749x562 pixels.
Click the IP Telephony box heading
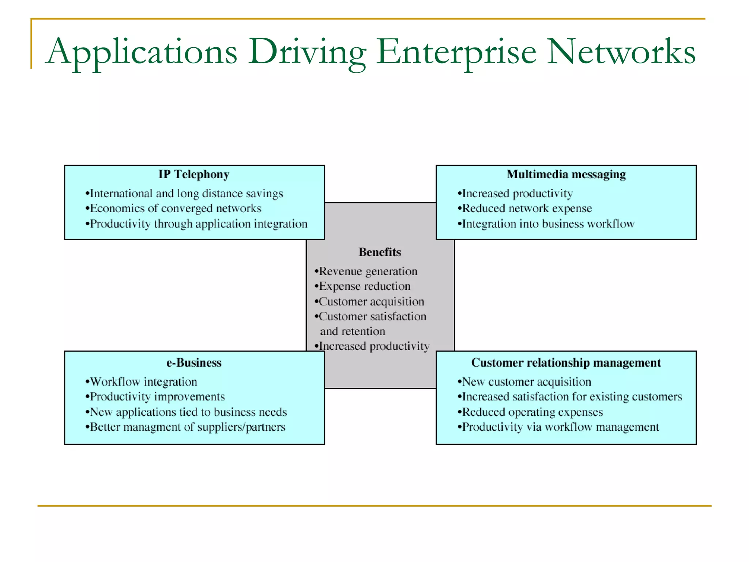(194, 175)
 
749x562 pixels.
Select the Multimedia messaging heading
(566, 175)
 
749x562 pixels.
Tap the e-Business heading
(194, 363)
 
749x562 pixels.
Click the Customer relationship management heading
(566, 363)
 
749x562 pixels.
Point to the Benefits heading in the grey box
(380, 252)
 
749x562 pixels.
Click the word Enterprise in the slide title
(456, 52)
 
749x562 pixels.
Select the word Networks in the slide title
(621, 52)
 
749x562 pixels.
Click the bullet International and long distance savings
(185, 194)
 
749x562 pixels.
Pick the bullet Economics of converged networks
(174, 209)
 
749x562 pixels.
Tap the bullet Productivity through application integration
(197, 224)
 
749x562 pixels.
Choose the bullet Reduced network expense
(525, 209)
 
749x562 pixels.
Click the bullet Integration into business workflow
(546, 224)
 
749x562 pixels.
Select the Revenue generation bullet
(366, 271)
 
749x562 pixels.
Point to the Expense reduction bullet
(363, 286)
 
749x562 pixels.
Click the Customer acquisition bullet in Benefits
(370, 302)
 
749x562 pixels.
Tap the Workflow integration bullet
(142, 382)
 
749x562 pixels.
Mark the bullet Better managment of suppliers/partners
(186, 427)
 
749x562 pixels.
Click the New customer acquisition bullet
(525, 382)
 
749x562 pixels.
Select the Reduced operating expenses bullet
(531, 412)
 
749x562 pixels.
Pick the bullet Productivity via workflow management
(559, 427)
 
